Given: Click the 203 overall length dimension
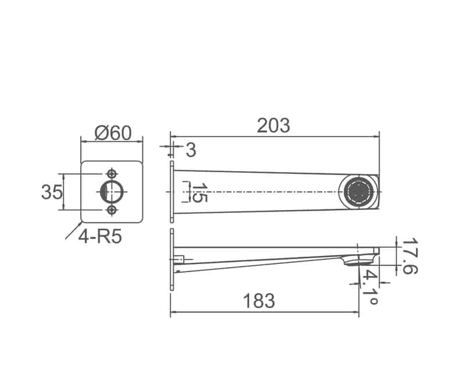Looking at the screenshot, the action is point(273,126).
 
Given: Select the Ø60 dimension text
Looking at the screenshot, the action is point(113,133).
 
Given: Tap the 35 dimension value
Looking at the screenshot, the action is point(52,192).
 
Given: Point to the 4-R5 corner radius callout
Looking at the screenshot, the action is point(100,237).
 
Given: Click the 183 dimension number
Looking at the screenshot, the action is point(259,301).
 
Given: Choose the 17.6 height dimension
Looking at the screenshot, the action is point(410,256).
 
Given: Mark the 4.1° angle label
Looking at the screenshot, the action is point(370,287).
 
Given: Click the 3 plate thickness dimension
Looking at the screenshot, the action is point(191,150).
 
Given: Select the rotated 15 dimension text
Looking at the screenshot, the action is point(199,193).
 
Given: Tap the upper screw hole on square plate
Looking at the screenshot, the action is point(112,174).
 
